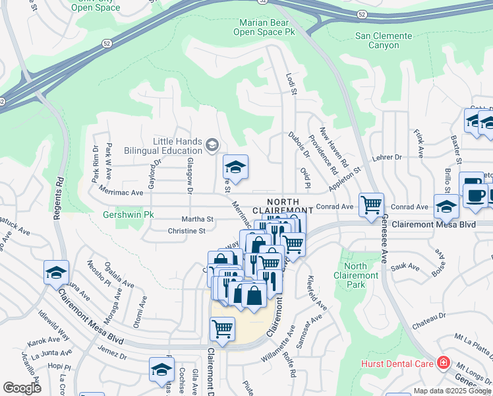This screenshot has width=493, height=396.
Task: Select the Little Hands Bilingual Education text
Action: tap(178, 146)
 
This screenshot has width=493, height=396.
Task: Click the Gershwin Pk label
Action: tap(128, 214)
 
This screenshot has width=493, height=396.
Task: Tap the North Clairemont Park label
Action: tap(356, 275)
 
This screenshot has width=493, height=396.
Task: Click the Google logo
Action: tap(22, 387)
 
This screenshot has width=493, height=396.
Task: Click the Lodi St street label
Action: tap(291, 84)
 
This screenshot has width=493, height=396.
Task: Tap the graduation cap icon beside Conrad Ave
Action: tap(446, 206)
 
